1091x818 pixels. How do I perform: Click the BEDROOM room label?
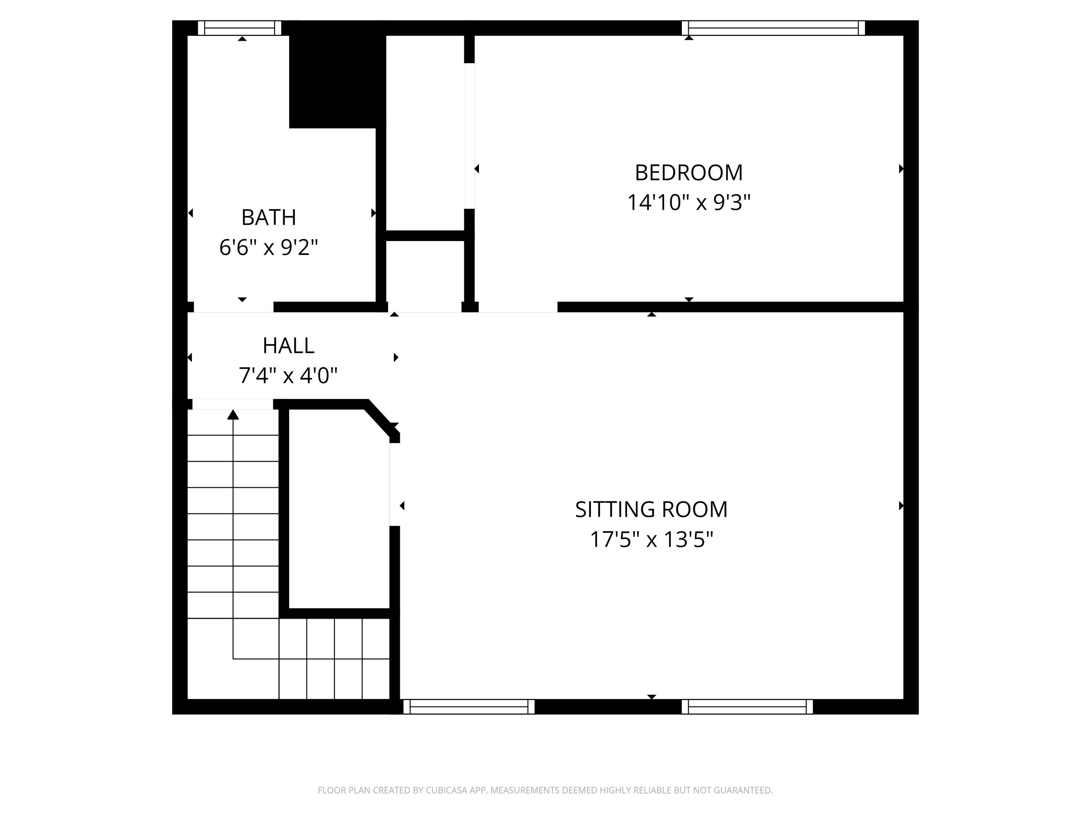[688, 173]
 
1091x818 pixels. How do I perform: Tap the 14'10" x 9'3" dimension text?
[688, 203]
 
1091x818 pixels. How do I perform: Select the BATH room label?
[268, 217]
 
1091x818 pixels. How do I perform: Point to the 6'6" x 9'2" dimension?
[268, 247]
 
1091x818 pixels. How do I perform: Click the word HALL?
[288, 346]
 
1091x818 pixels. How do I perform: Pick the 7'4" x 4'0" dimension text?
[288, 376]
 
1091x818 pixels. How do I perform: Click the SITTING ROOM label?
[651, 509]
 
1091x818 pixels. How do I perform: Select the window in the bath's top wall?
[240, 28]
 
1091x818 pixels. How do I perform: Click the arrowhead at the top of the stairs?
[233, 415]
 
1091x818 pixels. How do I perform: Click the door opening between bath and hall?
[233, 307]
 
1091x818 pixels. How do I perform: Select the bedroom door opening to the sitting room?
[518, 307]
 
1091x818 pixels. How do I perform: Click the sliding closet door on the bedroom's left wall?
[469, 136]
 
